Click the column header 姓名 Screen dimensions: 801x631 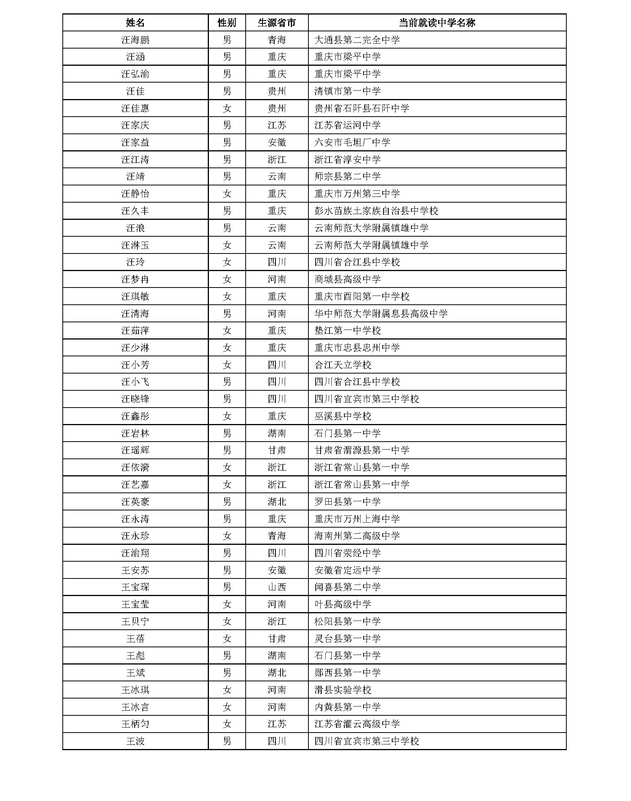click(135, 23)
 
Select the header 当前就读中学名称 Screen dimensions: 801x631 click(437, 23)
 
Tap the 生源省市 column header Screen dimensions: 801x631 click(277, 23)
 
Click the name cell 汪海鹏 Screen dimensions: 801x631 click(135, 40)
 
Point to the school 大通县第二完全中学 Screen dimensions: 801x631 click(357, 40)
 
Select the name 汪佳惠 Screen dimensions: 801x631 click(135, 108)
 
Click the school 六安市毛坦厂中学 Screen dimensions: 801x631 click(352, 143)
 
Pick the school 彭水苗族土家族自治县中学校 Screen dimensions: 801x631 click(376, 211)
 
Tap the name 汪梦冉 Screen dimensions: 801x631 click(135, 279)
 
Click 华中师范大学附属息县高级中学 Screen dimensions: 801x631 click(381, 314)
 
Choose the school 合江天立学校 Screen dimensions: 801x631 click(342, 365)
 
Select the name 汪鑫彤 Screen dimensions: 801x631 click(135, 416)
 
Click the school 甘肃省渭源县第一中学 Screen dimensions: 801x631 click(362, 450)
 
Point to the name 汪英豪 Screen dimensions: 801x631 click(135, 502)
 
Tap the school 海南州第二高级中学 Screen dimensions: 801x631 click(357, 536)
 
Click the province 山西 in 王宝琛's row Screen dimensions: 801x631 click(277, 587)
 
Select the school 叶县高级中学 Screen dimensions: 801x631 click(342, 604)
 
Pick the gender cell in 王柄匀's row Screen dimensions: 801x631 click(227, 724)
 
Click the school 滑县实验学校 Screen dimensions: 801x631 click(342, 690)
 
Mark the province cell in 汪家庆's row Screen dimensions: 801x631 click(277, 125)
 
